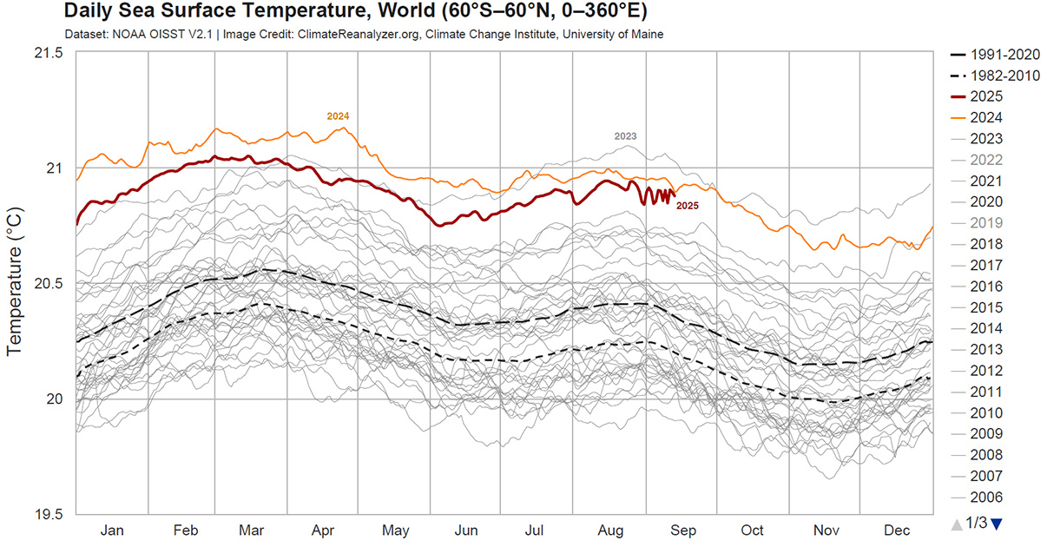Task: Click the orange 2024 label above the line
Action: pyautogui.click(x=338, y=116)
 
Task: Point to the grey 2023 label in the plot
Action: pyautogui.click(x=625, y=136)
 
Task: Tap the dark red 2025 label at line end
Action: pyautogui.click(x=687, y=206)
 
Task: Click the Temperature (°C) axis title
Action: pyautogui.click(x=14, y=281)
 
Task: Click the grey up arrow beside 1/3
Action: pyautogui.click(x=957, y=524)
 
